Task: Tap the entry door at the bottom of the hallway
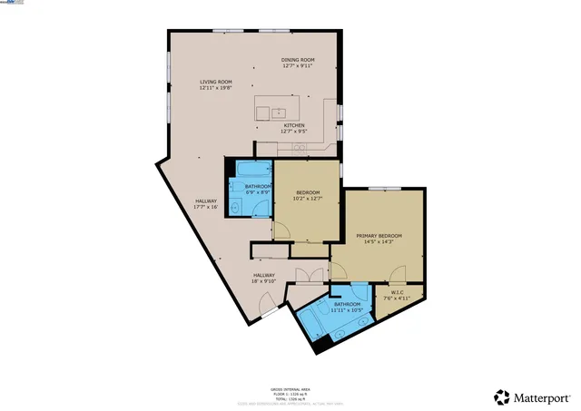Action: coord(269,310)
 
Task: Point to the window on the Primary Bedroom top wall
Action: coord(384,188)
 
